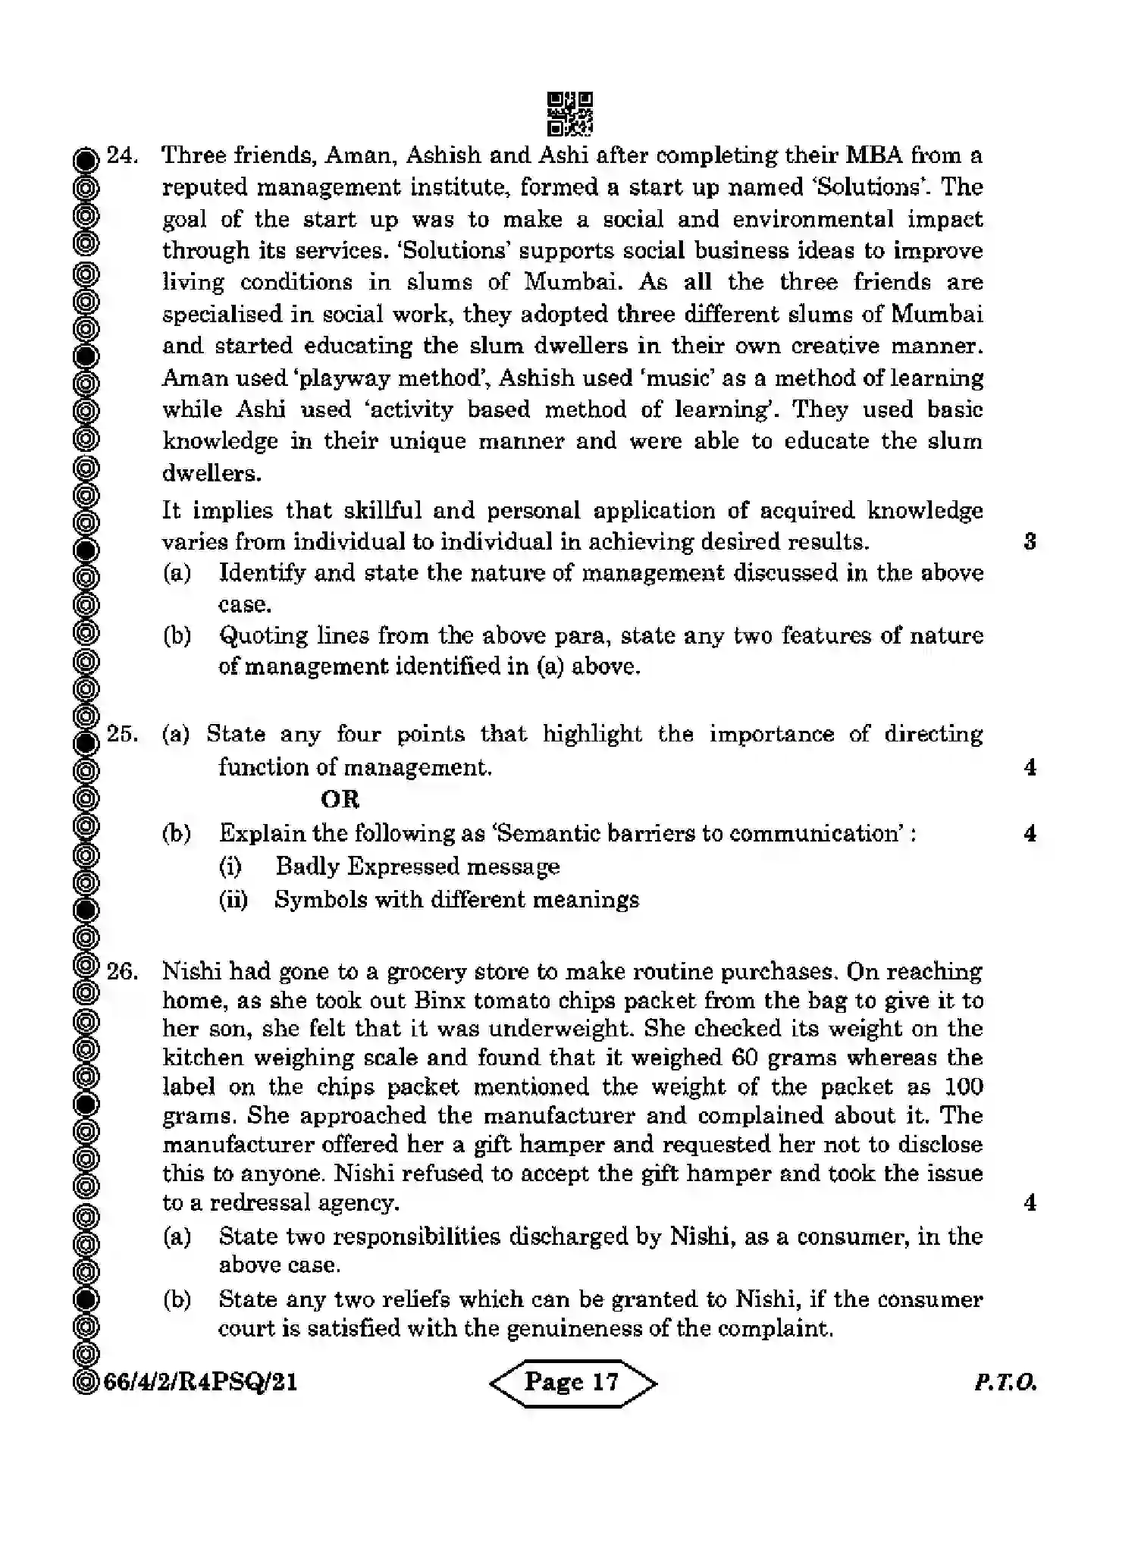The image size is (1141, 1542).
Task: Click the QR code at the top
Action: pyautogui.click(x=570, y=114)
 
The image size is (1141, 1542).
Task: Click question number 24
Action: pyautogui.click(x=122, y=156)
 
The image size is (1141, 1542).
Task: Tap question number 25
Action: pyautogui.click(x=122, y=735)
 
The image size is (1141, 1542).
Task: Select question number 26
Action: pyautogui.click(x=122, y=972)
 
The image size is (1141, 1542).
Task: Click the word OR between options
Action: pyautogui.click(x=340, y=800)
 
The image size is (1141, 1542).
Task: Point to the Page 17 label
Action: pyautogui.click(x=572, y=1382)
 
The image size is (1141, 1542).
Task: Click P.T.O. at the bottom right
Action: pyautogui.click(x=1005, y=1383)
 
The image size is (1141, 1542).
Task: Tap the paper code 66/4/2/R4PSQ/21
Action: pyautogui.click(x=200, y=1383)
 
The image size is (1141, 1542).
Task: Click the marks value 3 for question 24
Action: pyautogui.click(x=1030, y=542)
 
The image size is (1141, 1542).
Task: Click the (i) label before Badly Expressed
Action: pyautogui.click(x=230, y=867)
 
